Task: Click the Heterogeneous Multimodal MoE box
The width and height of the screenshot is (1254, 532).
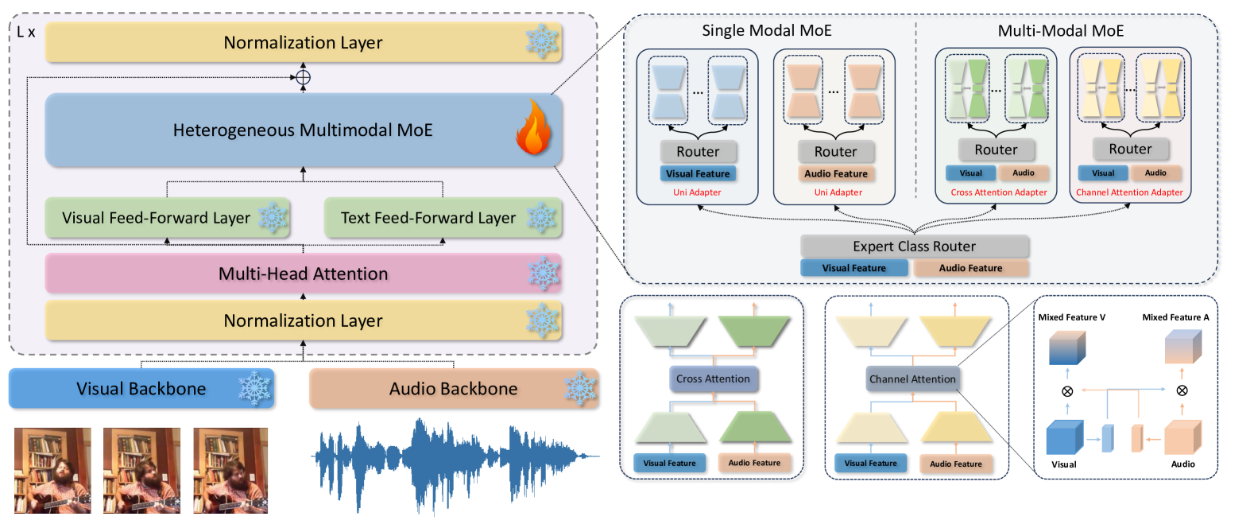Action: (303, 130)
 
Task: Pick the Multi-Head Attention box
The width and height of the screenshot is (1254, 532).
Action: (303, 274)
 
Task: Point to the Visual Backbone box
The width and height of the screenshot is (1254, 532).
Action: (141, 389)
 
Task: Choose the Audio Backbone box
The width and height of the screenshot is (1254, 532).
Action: (453, 389)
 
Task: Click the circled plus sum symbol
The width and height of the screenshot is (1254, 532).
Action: (303, 77)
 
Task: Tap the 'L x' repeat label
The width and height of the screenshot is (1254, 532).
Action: (26, 33)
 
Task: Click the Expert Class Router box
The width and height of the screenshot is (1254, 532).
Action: (914, 247)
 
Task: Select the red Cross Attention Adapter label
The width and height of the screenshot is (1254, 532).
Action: (998, 192)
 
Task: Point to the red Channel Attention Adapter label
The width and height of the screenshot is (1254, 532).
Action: (1129, 192)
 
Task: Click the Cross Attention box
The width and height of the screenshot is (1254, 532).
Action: (713, 379)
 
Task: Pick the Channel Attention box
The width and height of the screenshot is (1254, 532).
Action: (912, 379)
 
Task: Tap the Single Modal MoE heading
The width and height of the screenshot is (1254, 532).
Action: (766, 31)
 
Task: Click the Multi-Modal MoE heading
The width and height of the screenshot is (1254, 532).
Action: (1060, 31)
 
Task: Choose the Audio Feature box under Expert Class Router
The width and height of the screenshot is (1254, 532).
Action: (970, 268)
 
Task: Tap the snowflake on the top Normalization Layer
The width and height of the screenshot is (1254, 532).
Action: (542, 41)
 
